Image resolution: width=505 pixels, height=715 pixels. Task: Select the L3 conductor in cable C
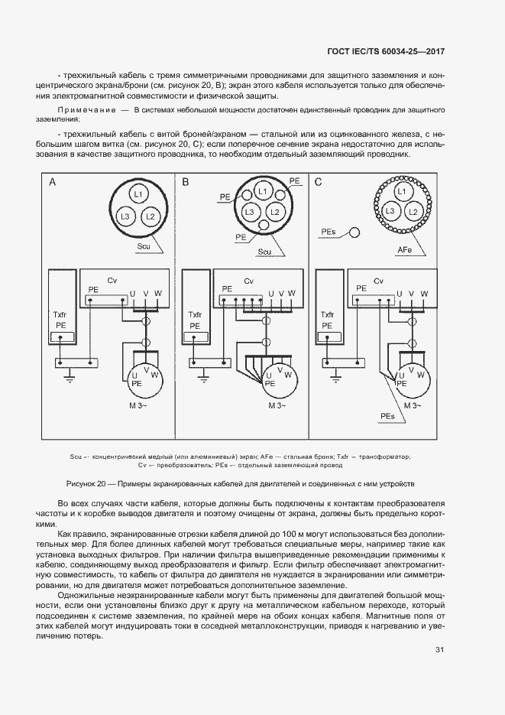[390, 210]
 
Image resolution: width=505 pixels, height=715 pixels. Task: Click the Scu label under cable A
[143, 246]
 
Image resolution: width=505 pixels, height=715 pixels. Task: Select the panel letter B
[186, 182]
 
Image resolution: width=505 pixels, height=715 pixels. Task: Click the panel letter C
[319, 182]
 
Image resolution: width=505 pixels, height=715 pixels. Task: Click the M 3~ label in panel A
[144, 405]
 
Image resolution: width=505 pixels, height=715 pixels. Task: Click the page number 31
[439, 650]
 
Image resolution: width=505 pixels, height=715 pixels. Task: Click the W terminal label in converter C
[424, 293]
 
